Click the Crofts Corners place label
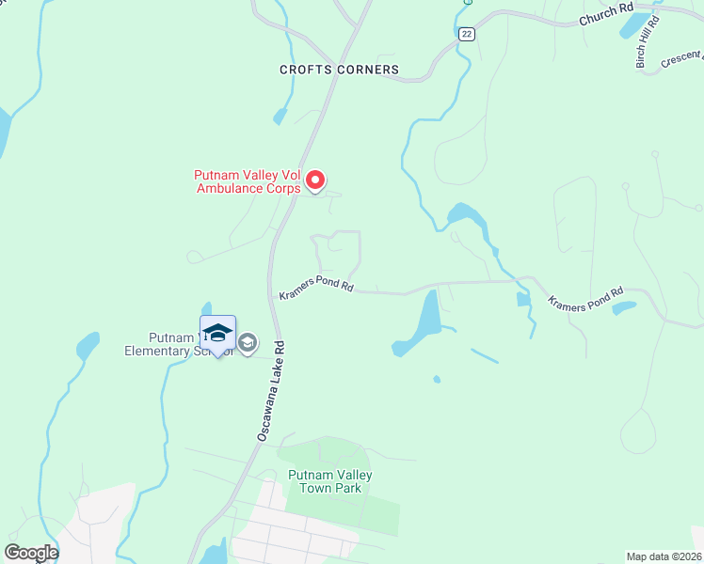339,70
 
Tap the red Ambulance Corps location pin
316,180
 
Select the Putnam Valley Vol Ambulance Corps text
247,181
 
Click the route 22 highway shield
466,34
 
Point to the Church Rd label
605,14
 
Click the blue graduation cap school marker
217,334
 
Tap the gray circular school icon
248,343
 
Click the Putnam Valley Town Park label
329,481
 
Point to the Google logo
30,553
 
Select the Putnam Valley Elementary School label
165,345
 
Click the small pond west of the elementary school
87,346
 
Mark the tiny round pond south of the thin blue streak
436,380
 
